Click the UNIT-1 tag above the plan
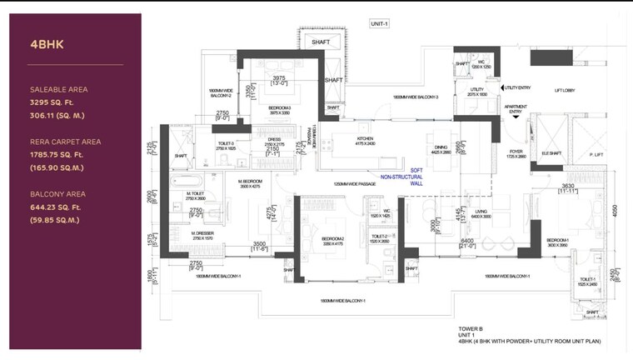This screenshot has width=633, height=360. (380, 23)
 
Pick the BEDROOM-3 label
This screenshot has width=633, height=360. (279, 108)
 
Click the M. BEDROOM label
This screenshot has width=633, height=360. (250, 182)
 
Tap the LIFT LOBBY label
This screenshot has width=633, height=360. (568, 90)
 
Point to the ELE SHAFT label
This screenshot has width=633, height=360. (551, 153)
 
